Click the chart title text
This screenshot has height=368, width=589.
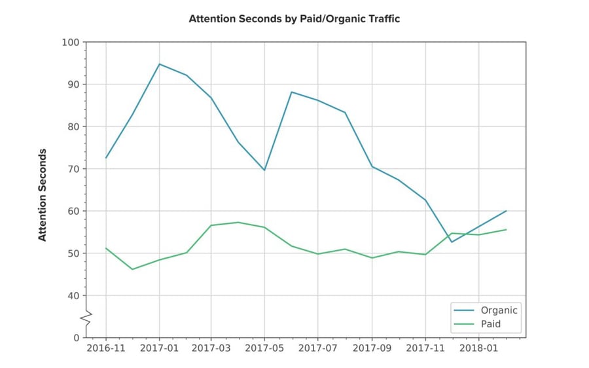(x=294, y=19)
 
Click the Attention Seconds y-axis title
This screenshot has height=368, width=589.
(x=43, y=194)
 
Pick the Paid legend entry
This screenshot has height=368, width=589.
(x=491, y=323)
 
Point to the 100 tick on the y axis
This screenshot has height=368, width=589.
(x=70, y=43)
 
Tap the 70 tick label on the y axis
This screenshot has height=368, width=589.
(x=73, y=169)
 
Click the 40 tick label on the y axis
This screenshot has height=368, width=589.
(x=73, y=296)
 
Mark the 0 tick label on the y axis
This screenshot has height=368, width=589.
(x=75, y=338)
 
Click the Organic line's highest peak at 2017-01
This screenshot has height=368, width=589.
(x=159, y=64)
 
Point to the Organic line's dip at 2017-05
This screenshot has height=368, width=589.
(x=265, y=170)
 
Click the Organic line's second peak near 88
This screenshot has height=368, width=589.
(x=292, y=92)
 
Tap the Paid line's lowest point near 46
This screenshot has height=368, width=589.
(x=133, y=269)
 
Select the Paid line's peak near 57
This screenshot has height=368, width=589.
(x=239, y=222)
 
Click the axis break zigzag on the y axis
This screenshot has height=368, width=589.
(x=86, y=317)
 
